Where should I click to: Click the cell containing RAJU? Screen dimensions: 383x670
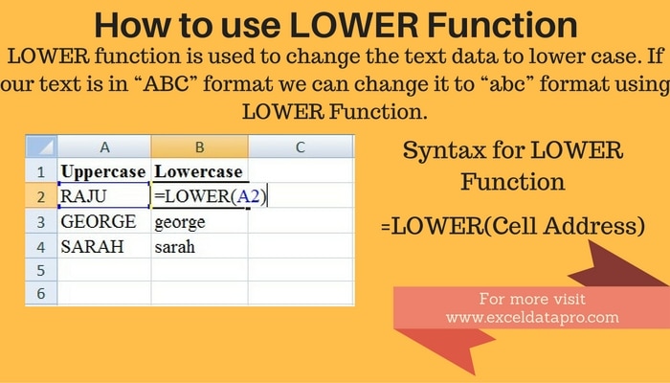pos(103,196)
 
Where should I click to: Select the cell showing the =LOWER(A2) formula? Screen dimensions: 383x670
pos(199,196)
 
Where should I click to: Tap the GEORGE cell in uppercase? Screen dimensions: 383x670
pos(103,221)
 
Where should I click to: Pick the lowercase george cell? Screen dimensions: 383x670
pos(199,221)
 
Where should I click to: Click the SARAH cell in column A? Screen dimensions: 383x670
pos(103,246)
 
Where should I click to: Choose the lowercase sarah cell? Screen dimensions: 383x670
pos(199,246)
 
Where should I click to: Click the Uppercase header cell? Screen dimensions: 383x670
pos(103,171)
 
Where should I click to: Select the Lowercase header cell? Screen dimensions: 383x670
pos(199,171)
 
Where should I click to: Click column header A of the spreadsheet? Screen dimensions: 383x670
pos(103,147)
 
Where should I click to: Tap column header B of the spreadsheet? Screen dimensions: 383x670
pos(199,147)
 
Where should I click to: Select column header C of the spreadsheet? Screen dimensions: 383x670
pos(300,147)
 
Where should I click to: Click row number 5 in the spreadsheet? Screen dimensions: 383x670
pos(41,271)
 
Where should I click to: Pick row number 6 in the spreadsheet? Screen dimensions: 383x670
pos(41,295)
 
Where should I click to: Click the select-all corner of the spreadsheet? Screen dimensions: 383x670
pos(41,147)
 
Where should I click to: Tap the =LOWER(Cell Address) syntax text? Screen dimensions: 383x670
pos(511,227)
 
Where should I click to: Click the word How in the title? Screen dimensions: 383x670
pos(133,24)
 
